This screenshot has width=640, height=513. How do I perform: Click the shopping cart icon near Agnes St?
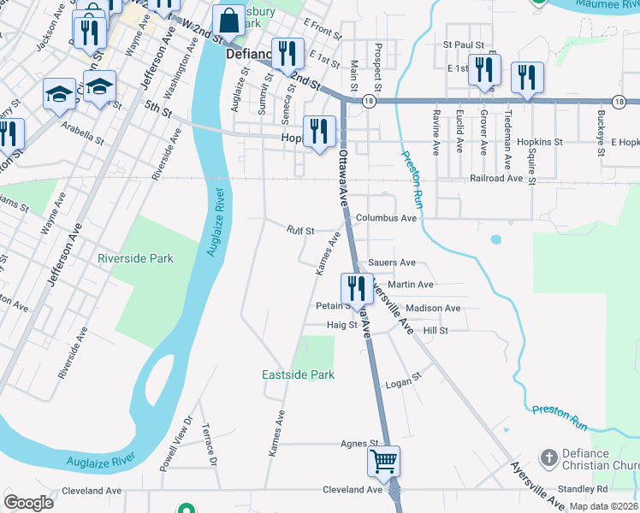click(x=384, y=461)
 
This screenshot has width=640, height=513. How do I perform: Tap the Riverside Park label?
click(x=135, y=258)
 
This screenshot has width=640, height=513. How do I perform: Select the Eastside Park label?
click(x=298, y=374)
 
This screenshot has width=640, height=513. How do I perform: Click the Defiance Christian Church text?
click(x=598, y=459)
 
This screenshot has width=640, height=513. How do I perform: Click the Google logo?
click(x=29, y=502)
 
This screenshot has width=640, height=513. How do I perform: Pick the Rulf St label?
click(x=301, y=231)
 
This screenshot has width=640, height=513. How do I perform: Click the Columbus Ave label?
click(x=386, y=218)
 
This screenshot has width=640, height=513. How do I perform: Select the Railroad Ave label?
click(x=496, y=179)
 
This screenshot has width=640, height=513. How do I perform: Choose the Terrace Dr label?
click(x=210, y=445)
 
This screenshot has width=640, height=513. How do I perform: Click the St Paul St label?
click(x=464, y=44)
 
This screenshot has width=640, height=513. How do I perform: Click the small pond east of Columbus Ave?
click(x=495, y=240)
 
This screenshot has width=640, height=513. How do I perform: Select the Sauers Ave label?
click(x=391, y=262)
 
